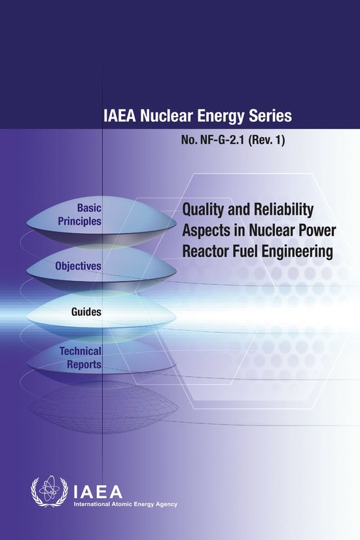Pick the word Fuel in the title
pos(252,251)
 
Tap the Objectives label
pos(78,266)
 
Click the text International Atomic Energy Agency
pos(125,504)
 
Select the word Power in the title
pos(312,230)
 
